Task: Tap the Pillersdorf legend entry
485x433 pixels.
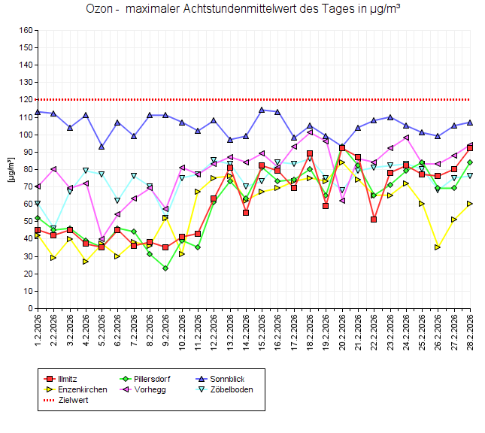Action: pyautogui.click(x=153, y=379)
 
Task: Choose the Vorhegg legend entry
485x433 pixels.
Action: pyautogui.click(x=150, y=389)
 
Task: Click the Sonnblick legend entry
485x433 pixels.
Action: pyautogui.click(x=224, y=379)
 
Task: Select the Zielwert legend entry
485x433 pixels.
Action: pyautogui.click(x=72, y=400)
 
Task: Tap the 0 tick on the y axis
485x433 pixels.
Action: pyautogui.click(x=29, y=308)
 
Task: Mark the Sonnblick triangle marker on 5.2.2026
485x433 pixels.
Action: pyautogui.click(x=102, y=147)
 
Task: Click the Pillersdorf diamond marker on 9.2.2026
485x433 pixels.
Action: pyautogui.click(x=165, y=268)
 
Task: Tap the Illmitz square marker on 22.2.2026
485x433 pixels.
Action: pyautogui.click(x=374, y=220)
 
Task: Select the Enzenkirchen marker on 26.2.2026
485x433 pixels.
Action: pyautogui.click(x=438, y=247)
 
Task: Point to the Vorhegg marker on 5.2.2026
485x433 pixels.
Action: pyautogui.click(x=102, y=239)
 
